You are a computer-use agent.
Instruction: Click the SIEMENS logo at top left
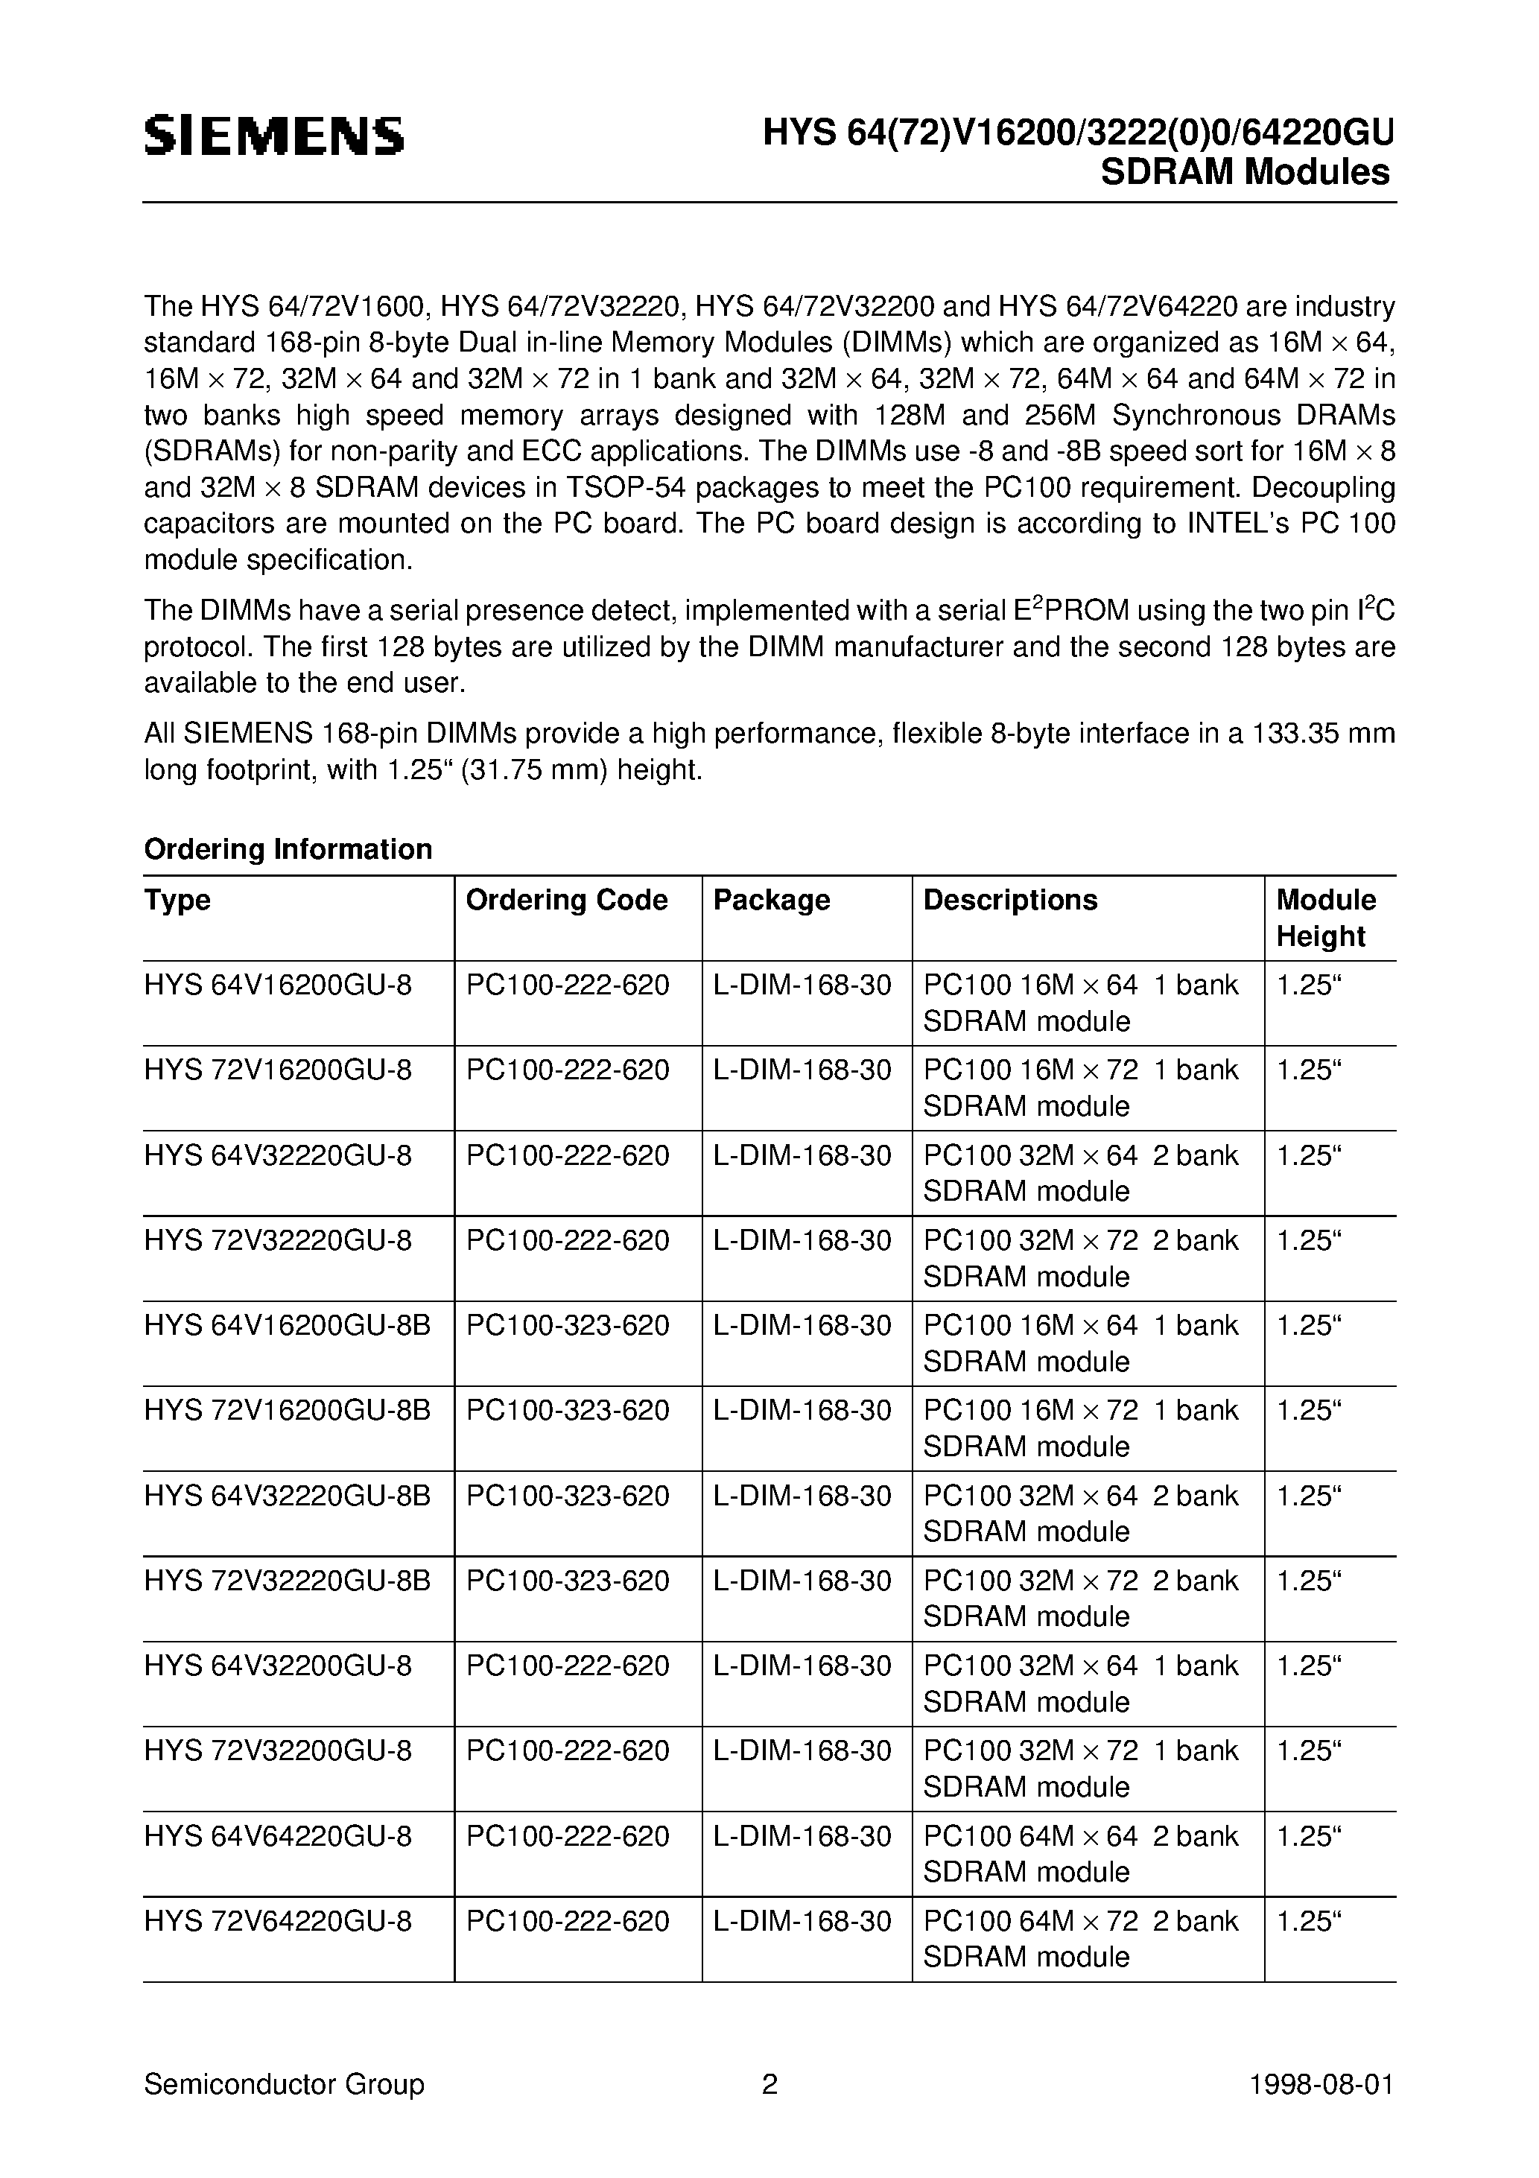tap(274, 136)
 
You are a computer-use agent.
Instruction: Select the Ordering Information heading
tap(288, 848)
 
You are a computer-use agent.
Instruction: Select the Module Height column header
tap(1324, 917)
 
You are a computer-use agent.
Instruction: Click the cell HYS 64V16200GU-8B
tap(287, 1325)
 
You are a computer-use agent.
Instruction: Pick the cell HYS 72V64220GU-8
tap(278, 1921)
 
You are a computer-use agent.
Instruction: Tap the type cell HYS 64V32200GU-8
tap(278, 1666)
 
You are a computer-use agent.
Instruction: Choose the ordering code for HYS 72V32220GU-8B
tap(568, 1581)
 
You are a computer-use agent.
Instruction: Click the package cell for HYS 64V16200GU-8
tap(802, 985)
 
